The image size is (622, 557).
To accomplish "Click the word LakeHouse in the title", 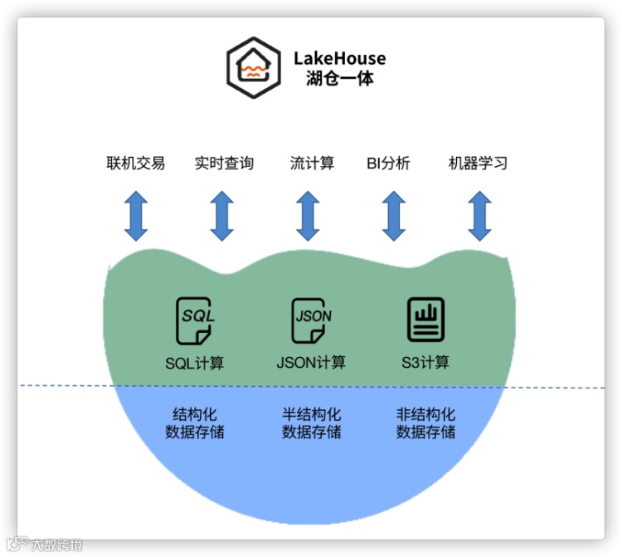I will [x=339, y=58].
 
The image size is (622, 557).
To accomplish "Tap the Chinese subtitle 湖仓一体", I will [x=339, y=80].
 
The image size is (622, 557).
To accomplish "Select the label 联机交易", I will [x=136, y=163].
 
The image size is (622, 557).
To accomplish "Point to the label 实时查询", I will [x=224, y=163].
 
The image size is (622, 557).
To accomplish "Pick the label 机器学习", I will [x=478, y=163].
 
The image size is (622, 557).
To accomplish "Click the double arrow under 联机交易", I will [x=136, y=216].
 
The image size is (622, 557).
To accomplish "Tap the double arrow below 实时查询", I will [x=221, y=216].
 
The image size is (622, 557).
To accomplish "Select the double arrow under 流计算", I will [x=309, y=216].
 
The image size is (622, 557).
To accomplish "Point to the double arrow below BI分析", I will [x=393, y=216].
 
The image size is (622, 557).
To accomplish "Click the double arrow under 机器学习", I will [x=479, y=216].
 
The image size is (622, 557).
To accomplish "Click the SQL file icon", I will [x=195, y=320].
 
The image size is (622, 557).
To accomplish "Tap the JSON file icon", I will [x=312, y=320].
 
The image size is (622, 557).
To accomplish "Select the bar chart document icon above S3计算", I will [x=425, y=320].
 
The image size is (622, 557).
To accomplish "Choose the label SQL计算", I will [x=194, y=364].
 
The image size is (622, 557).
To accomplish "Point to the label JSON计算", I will [x=311, y=363].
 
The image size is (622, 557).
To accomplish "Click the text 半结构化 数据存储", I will [x=311, y=423].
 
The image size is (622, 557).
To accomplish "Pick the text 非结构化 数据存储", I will [x=425, y=423].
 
